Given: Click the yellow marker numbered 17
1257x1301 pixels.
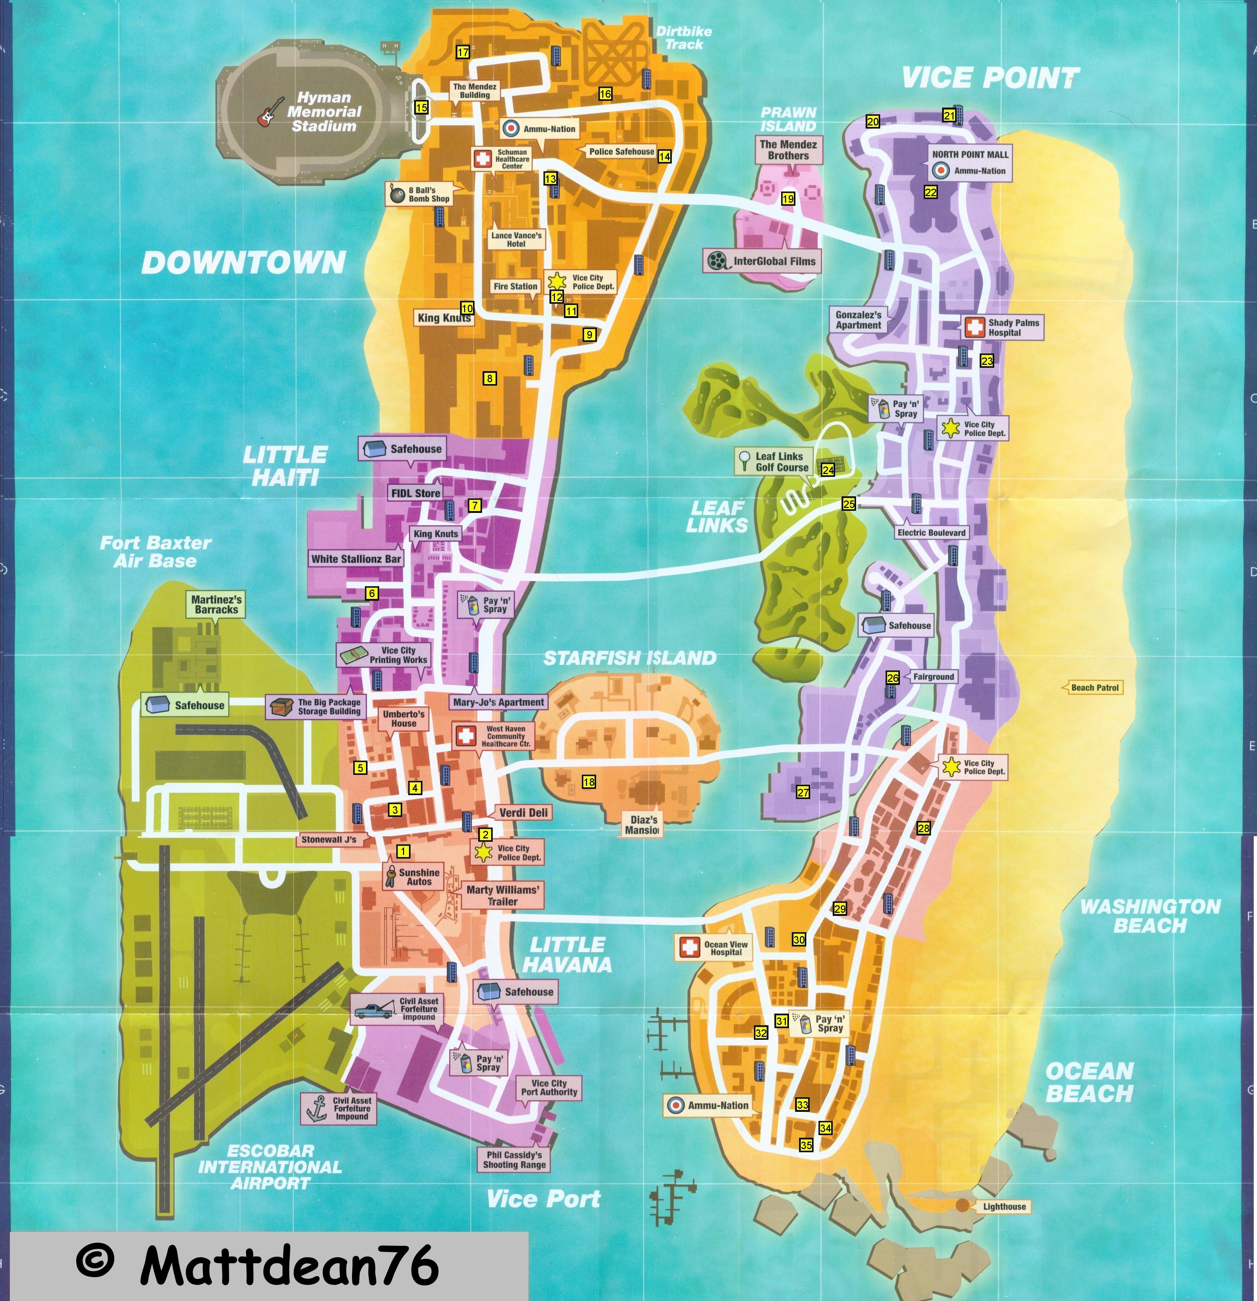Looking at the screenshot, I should (463, 52).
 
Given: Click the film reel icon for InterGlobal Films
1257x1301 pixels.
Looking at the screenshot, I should (717, 261).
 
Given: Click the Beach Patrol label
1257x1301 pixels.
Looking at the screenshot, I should (1094, 688).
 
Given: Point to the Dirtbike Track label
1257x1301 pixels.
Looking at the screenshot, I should (684, 38).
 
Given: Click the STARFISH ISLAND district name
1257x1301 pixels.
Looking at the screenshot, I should (630, 658).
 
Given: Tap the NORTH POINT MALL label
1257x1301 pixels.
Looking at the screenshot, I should (970, 154).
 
